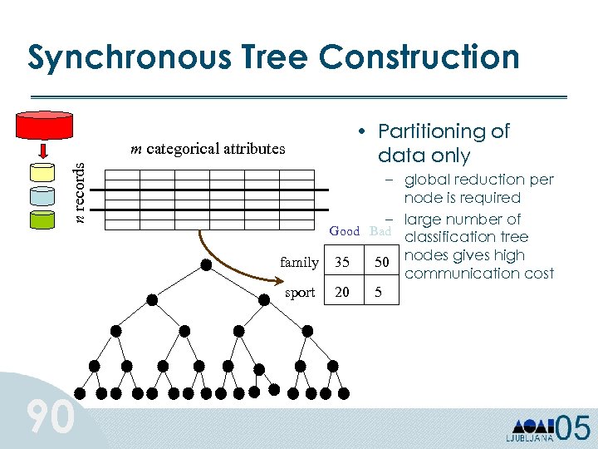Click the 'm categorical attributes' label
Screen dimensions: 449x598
coord(208,150)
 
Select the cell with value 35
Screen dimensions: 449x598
coord(342,263)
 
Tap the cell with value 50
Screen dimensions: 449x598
coord(382,263)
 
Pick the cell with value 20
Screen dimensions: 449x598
coord(342,293)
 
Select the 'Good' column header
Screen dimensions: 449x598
coord(345,231)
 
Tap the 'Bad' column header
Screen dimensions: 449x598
coord(380,231)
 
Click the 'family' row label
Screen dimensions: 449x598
coord(299,263)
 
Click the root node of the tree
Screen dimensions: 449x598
coord(205,265)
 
